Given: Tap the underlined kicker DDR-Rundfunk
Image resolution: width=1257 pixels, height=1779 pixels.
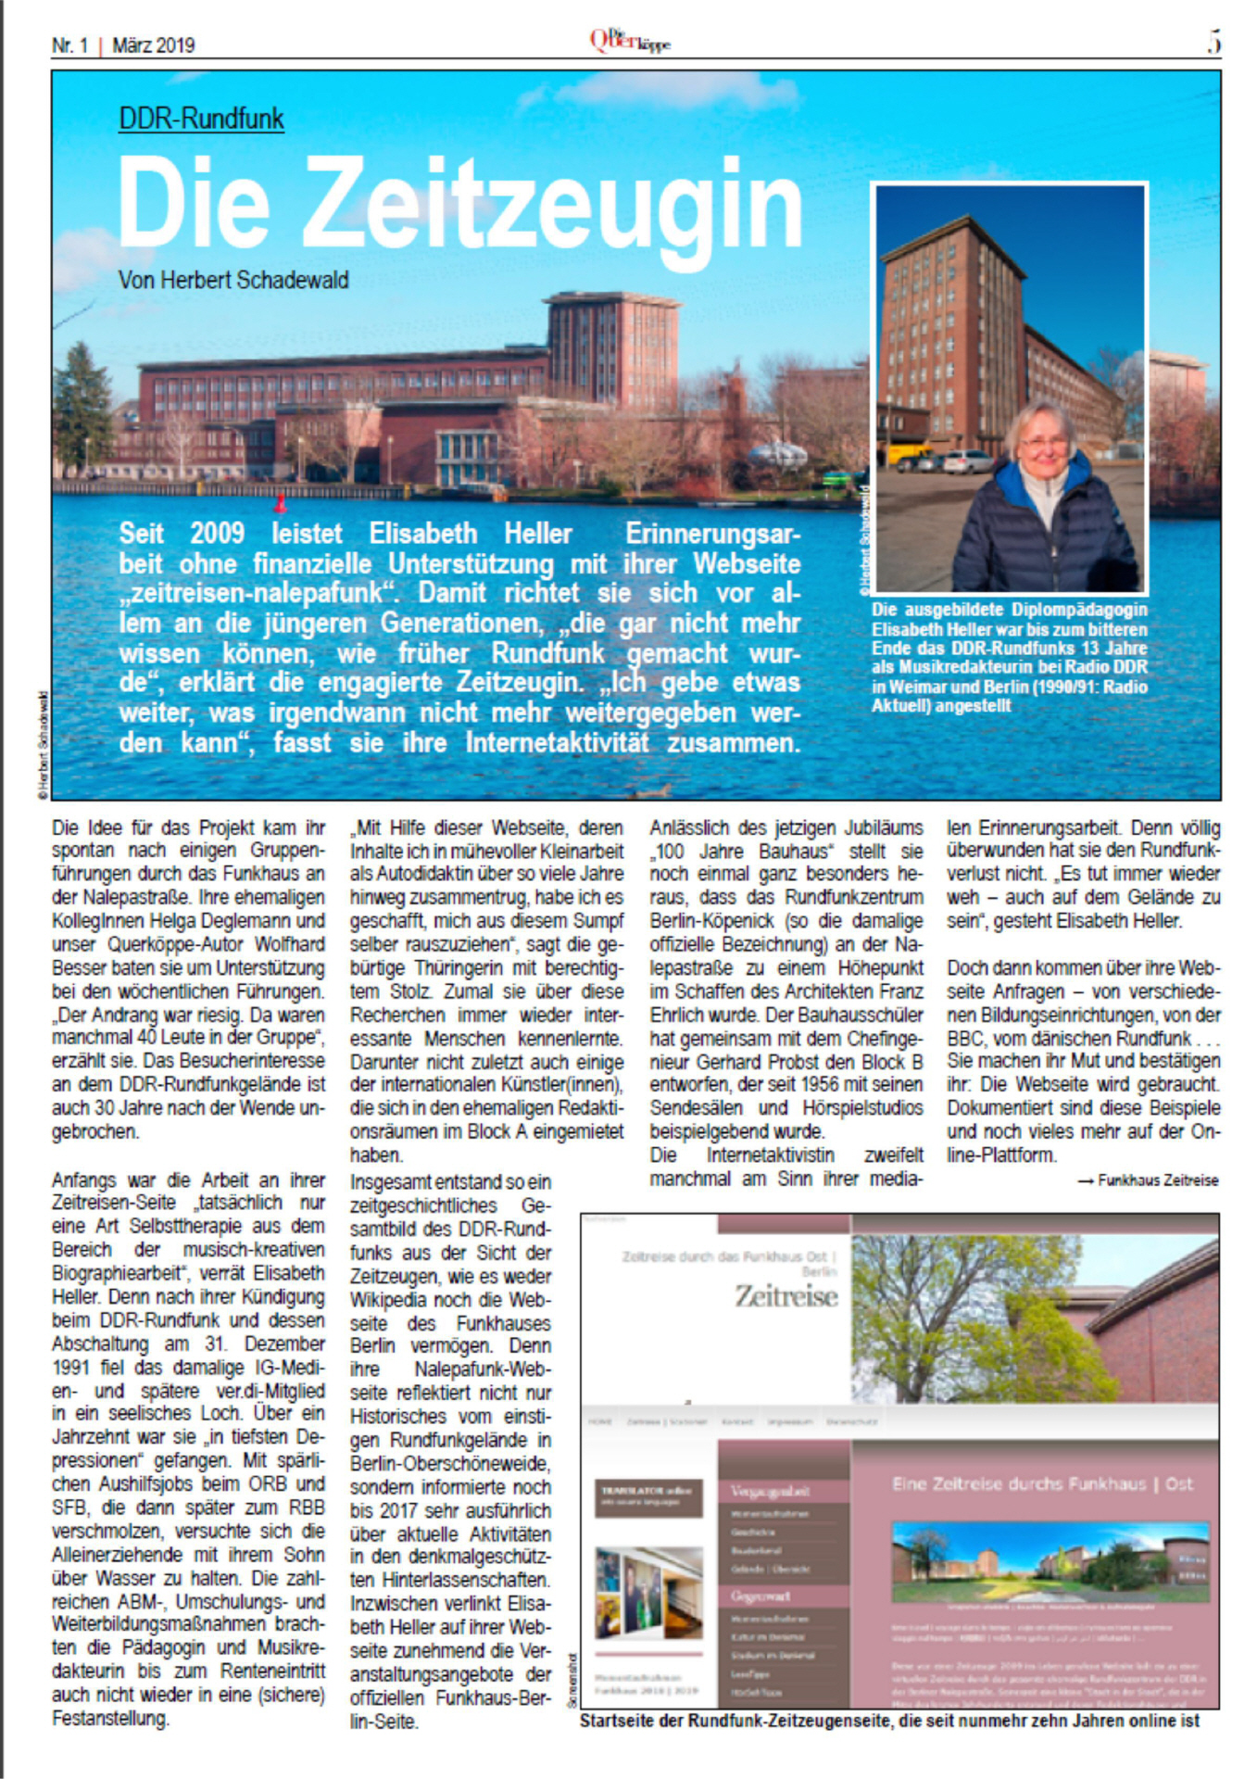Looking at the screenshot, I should (201, 119).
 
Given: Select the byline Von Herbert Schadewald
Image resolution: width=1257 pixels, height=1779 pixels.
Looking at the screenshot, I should (233, 280).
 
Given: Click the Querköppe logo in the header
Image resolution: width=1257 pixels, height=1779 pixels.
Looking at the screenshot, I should (629, 42).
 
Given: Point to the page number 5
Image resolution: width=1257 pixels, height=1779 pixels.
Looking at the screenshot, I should (1213, 43).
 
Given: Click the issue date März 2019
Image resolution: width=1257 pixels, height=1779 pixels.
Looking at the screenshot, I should (154, 44).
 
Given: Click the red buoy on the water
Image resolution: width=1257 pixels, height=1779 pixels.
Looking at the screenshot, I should (280, 504).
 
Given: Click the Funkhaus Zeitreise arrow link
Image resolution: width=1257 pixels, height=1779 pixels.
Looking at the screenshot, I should (1149, 1180).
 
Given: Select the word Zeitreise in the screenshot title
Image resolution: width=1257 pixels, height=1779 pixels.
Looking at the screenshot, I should (786, 1295).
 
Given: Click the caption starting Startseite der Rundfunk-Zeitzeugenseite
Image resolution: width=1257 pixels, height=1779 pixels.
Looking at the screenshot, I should (889, 1721).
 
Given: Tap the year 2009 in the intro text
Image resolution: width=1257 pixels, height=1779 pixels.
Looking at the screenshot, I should (217, 534).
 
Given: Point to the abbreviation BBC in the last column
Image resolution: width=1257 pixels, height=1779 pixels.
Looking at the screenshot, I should (966, 1039).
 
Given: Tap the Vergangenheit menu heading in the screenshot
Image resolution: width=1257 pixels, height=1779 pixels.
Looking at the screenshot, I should (770, 1491).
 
